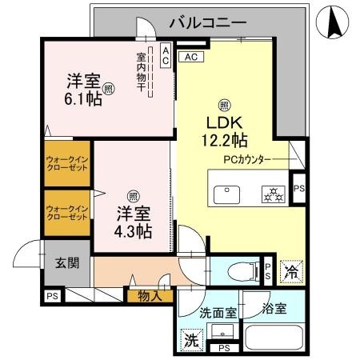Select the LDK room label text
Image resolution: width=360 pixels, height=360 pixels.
point(225,123)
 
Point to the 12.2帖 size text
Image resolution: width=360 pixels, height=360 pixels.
point(225,141)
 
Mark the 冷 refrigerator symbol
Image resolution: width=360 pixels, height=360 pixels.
point(293,272)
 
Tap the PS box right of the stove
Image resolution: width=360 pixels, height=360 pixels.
point(298,189)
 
